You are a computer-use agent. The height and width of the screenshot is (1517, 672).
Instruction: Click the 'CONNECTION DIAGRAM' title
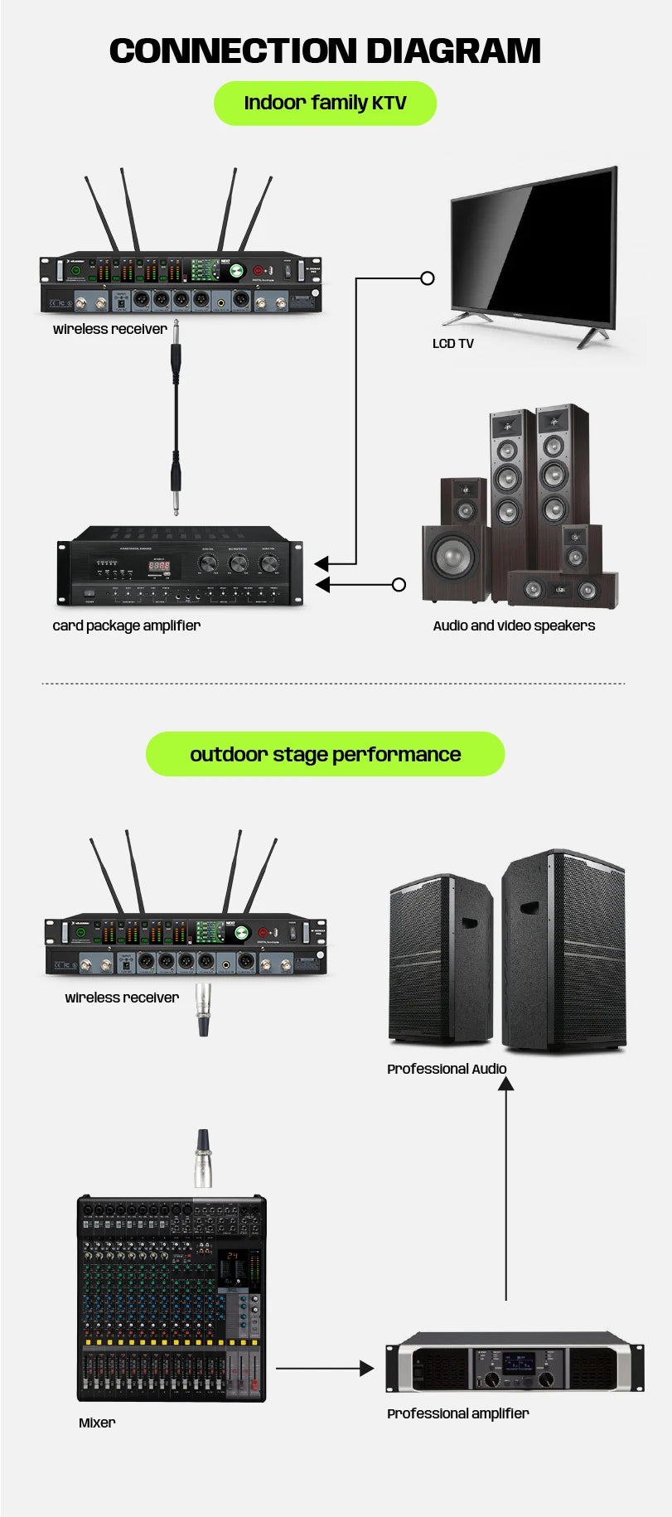325,51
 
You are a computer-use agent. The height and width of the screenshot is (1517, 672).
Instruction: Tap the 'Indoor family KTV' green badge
325,104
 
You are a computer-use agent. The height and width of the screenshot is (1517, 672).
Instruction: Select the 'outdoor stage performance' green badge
325,754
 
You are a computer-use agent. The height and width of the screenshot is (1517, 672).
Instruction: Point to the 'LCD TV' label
452,344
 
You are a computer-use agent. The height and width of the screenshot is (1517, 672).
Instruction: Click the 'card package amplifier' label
126,626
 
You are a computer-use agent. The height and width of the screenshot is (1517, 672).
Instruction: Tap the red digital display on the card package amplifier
159,566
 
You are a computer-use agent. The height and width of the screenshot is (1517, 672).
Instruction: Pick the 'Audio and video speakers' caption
514,626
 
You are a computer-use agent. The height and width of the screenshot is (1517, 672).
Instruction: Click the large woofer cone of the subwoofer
452,559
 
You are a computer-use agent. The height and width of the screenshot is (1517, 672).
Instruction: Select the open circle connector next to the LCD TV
428,278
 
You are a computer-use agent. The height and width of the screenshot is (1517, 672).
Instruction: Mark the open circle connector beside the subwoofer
399,585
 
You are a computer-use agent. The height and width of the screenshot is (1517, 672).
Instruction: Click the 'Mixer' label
97,1423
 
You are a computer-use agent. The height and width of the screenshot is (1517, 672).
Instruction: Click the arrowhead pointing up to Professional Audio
505,1084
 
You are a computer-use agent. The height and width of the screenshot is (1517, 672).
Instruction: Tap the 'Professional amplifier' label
457,1413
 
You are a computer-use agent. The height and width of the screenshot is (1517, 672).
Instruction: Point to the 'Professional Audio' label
447,1069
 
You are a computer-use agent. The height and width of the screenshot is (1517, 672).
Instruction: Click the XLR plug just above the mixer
202,1157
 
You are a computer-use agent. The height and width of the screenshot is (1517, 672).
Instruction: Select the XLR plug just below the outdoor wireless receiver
203,1009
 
